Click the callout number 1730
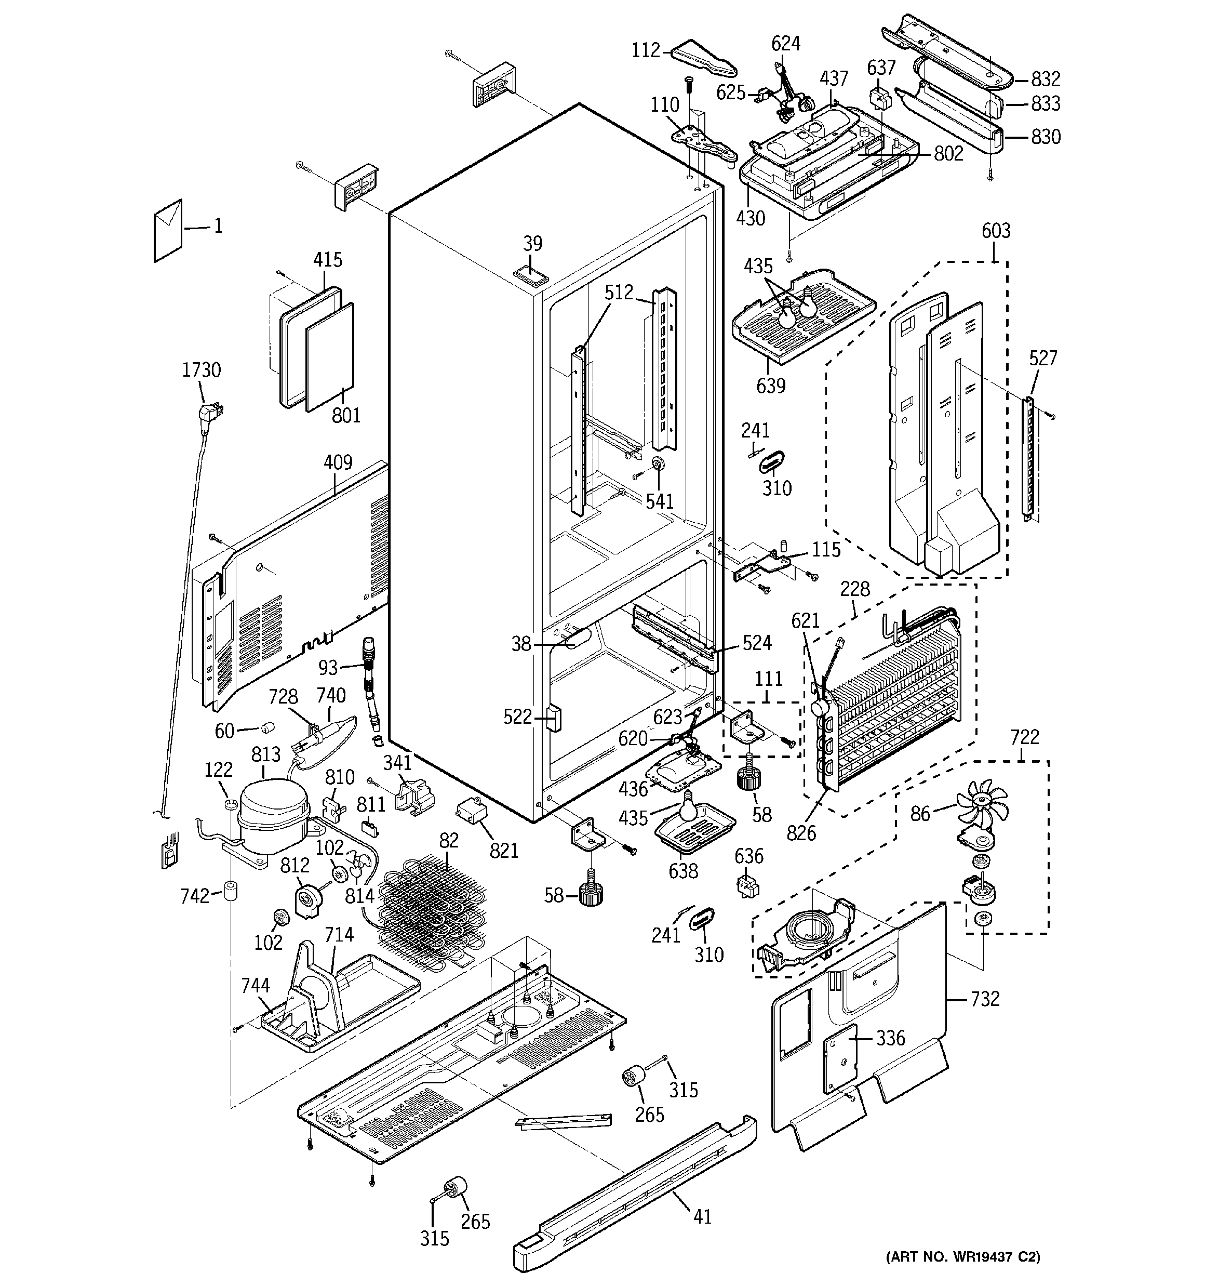pos(201,370)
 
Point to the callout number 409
pos(338,462)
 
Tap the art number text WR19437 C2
pos(962,1257)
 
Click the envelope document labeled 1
pos(168,230)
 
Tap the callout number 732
pos(985,999)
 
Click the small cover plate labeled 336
pos(839,1059)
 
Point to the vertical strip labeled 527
pos(1028,456)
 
